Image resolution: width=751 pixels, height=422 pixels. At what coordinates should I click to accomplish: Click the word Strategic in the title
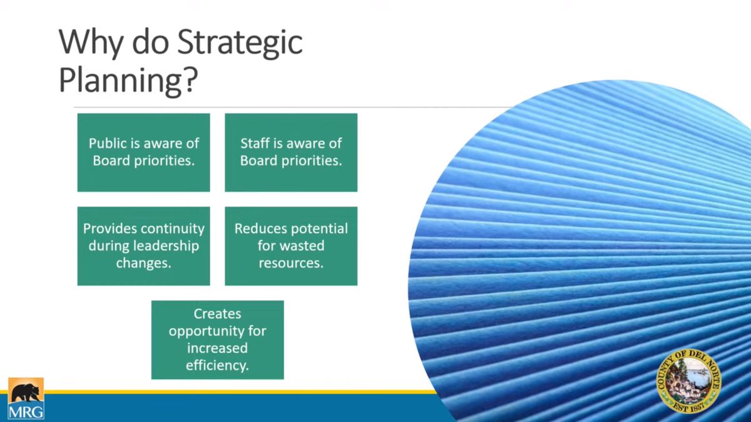click(x=240, y=43)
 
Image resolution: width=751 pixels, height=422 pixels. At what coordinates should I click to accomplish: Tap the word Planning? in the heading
click(x=128, y=81)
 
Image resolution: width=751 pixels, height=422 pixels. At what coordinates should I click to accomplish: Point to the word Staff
click(x=255, y=143)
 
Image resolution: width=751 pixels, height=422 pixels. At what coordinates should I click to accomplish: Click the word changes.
click(x=144, y=263)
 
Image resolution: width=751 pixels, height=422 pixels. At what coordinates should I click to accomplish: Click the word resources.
click(x=291, y=263)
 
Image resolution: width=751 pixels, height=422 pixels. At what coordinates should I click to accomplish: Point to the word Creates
click(x=217, y=314)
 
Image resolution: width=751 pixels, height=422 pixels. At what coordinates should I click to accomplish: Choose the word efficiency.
click(x=217, y=365)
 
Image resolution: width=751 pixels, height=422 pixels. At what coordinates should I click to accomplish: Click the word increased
click(x=217, y=348)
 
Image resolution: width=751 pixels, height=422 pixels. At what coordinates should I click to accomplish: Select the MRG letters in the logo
click(x=26, y=411)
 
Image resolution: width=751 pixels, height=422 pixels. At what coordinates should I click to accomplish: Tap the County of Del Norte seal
click(x=689, y=382)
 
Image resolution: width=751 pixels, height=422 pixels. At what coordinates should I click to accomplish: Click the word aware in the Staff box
click(x=305, y=143)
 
